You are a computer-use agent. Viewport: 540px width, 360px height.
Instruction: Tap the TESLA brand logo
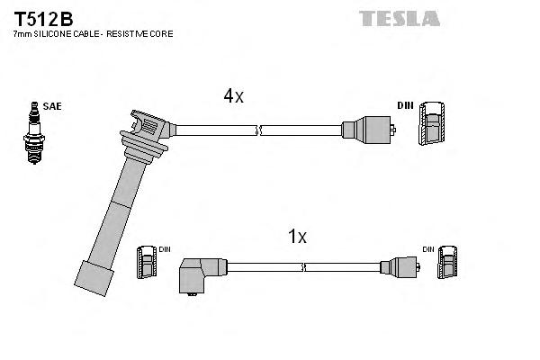(x=400, y=17)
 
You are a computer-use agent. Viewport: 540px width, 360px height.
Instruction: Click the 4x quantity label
(x=234, y=96)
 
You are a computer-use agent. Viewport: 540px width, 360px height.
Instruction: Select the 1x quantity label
(x=296, y=237)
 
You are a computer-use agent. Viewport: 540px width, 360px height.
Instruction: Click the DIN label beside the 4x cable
(x=405, y=105)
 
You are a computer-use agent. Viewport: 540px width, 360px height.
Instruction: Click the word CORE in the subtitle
(x=160, y=33)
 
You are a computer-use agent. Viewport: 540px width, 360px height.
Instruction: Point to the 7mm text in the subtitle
(x=21, y=33)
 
